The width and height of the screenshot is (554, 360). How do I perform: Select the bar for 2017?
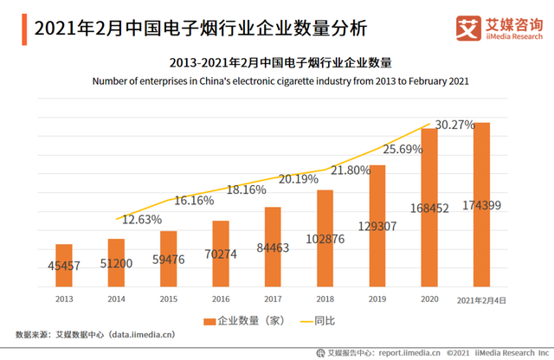[x=273, y=247]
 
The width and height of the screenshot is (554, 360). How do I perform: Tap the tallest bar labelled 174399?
[x=482, y=204]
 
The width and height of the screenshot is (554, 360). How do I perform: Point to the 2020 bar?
[x=429, y=208]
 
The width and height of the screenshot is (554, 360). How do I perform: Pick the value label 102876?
[x=325, y=240]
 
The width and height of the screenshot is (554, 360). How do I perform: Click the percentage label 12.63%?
[x=142, y=219]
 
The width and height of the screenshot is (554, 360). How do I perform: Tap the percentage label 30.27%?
[x=454, y=125]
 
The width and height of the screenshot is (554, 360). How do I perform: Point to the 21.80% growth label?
[x=351, y=170]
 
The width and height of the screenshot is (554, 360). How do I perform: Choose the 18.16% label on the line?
[x=246, y=190]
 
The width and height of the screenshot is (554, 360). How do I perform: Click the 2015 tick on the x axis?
[x=168, y=299]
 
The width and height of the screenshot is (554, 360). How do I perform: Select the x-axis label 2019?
[x=377, y=299]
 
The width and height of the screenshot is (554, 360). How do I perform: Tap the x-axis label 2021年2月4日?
[x=481, y=299]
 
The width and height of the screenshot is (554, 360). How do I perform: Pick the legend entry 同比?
[x=322, y=320]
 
